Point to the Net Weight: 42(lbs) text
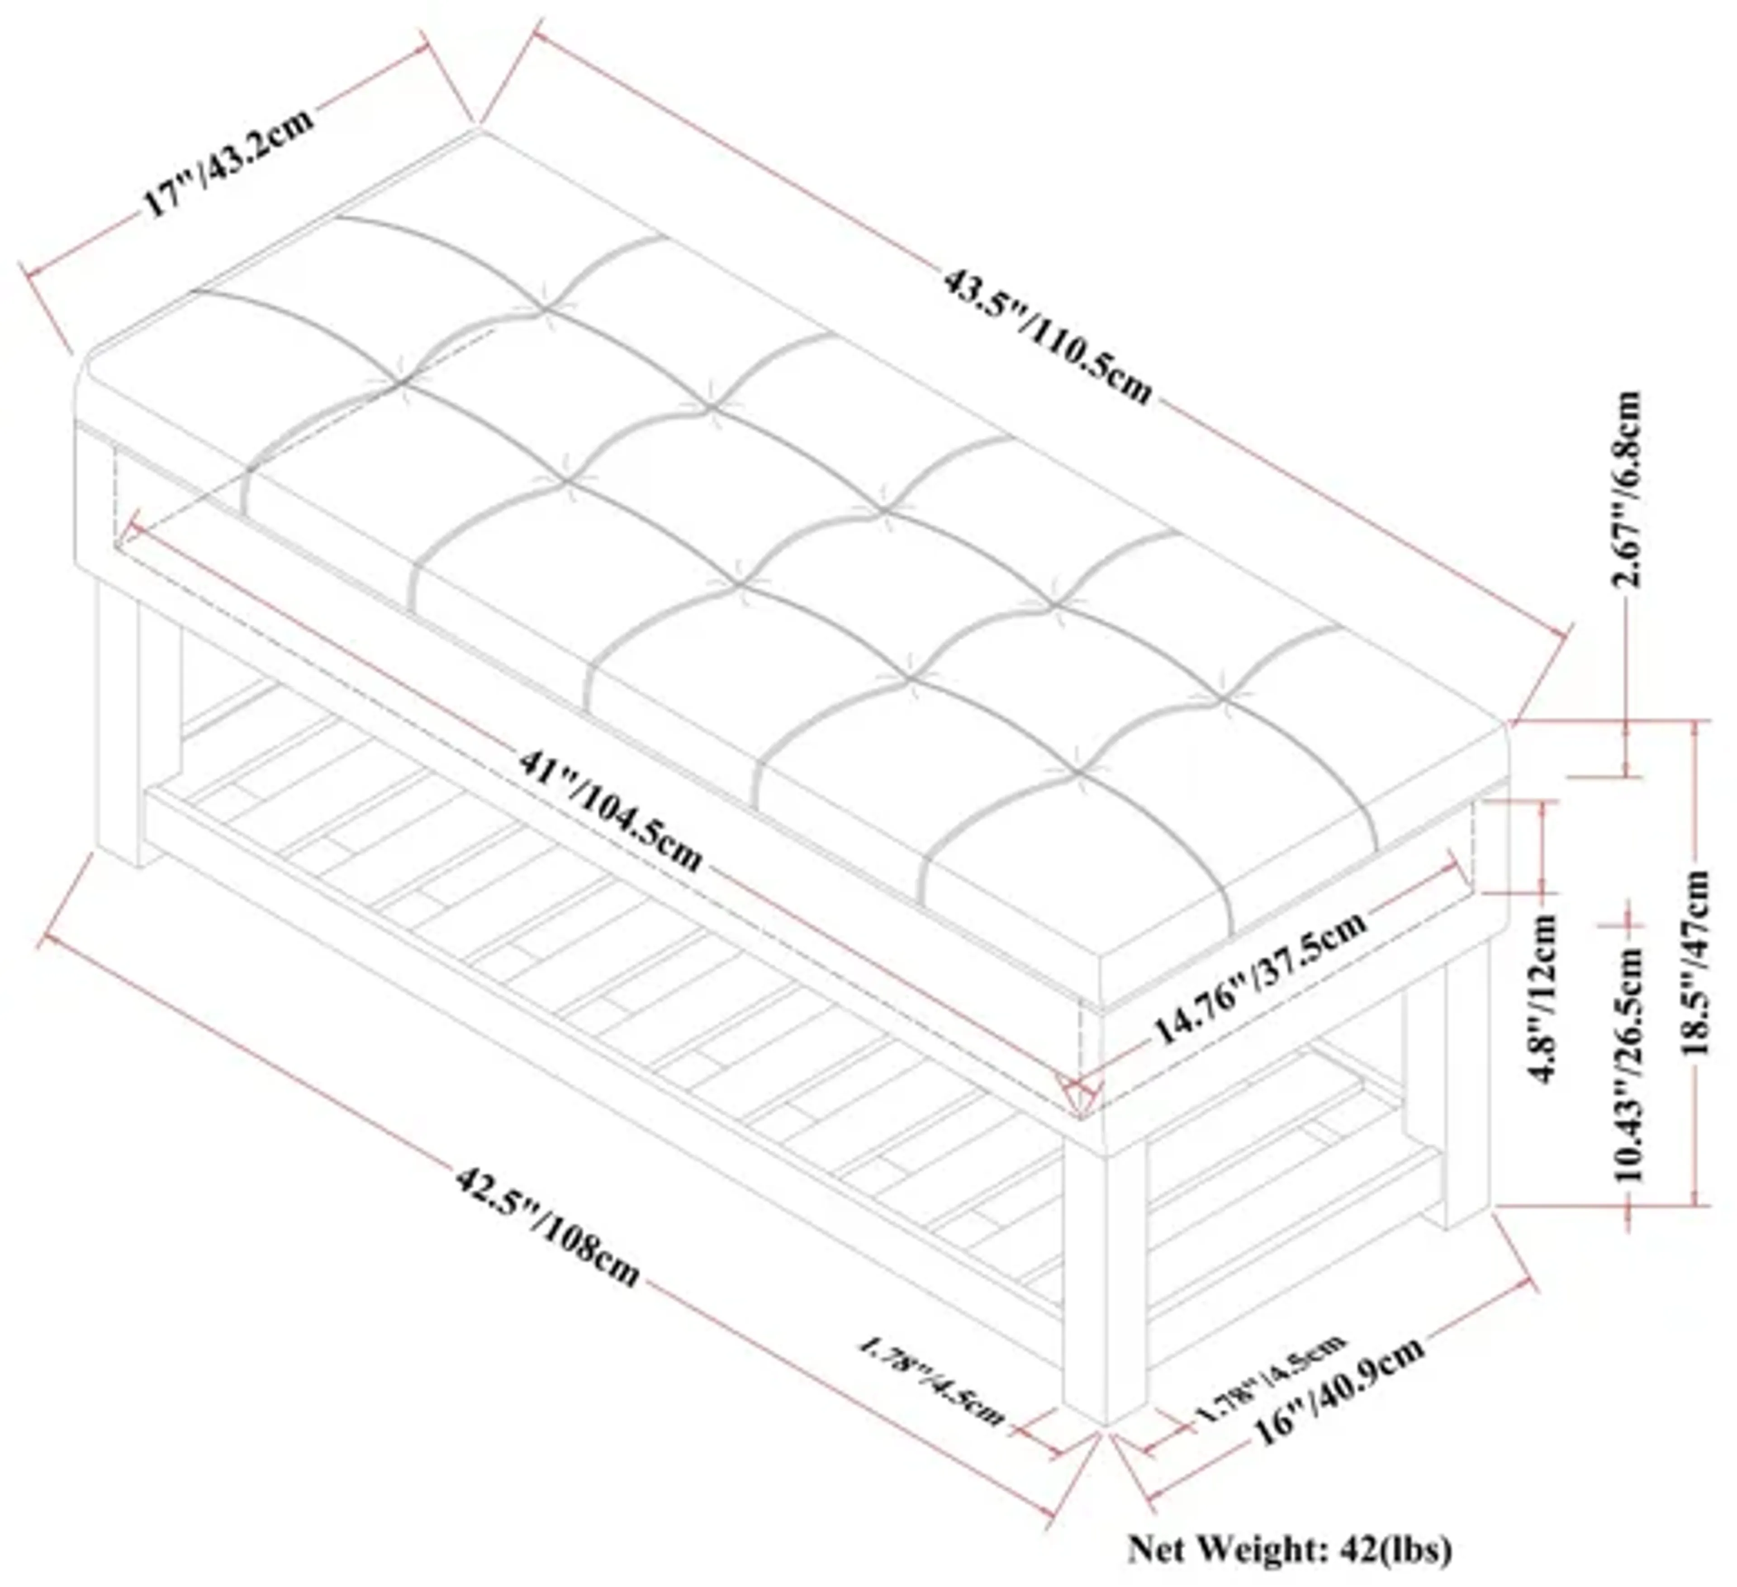pyautogui.click(x=1290, y=1548)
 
